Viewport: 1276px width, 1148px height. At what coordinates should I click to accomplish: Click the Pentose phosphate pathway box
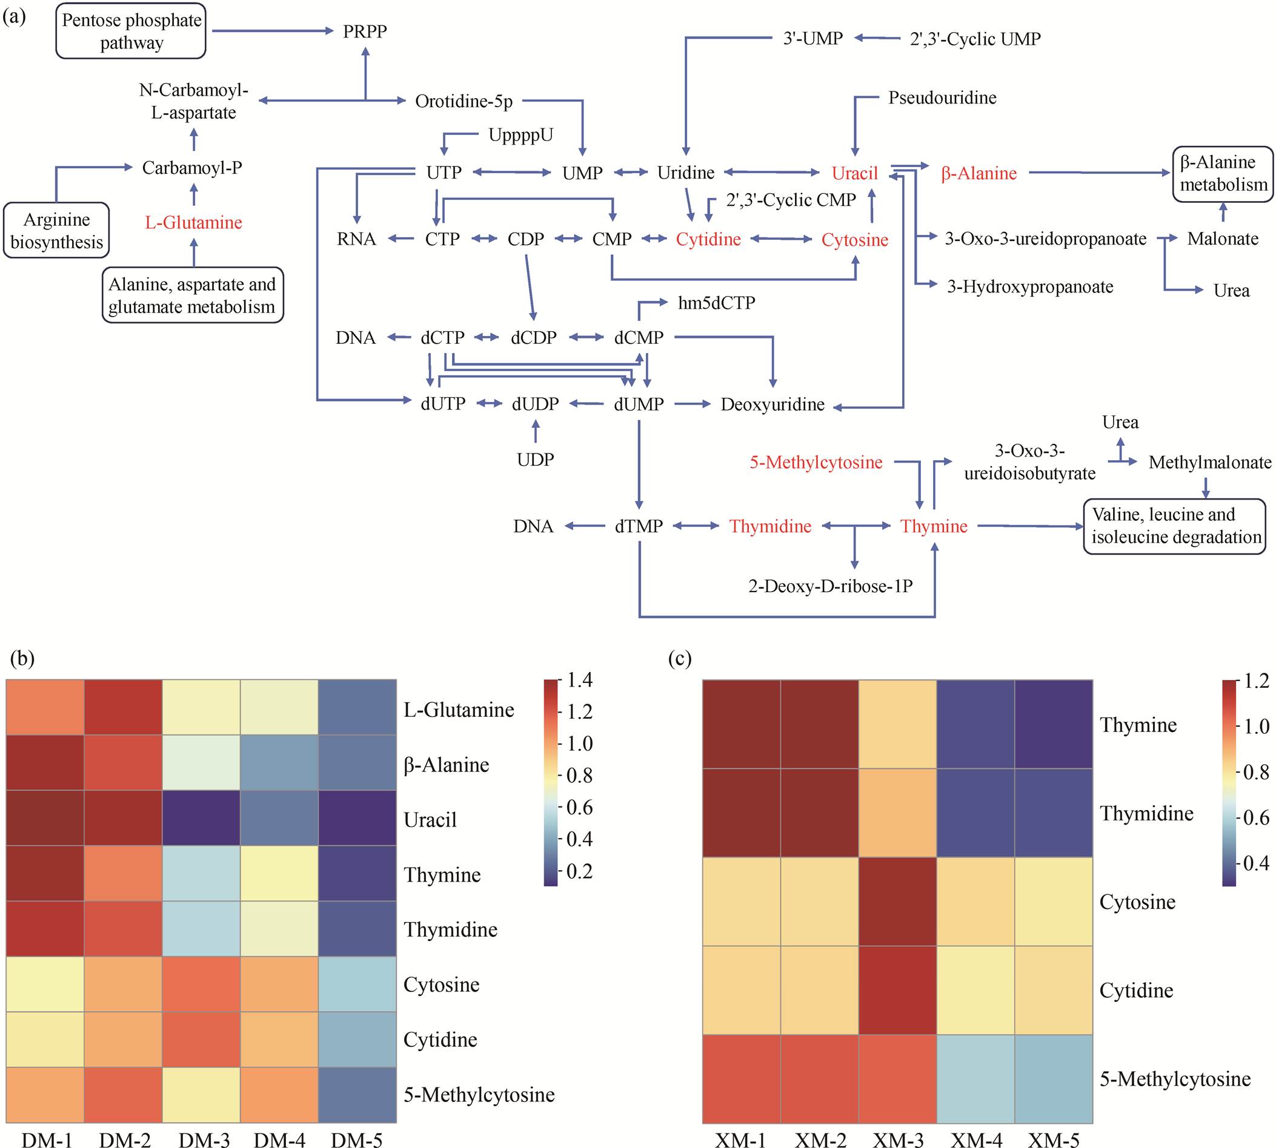(131, 31)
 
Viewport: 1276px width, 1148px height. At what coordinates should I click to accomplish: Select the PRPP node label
(365, 31)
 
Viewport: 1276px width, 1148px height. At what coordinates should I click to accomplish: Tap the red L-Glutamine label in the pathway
(194, 222)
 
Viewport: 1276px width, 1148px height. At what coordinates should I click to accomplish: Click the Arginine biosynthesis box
(57, 230)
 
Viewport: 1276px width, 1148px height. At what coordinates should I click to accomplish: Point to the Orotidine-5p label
(464, 101)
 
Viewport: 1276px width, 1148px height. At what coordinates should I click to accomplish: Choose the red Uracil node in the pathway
(854, 173)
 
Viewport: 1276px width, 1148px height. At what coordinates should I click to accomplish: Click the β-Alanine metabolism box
(1223, 173)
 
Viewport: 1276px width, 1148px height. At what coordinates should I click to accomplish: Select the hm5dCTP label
(716, 303)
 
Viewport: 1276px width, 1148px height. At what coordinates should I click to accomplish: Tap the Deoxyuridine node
(773, 404)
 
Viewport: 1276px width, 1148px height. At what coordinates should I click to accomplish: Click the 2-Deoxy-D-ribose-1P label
(831, 586)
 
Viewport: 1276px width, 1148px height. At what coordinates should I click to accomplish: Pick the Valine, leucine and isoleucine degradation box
(1175, 526)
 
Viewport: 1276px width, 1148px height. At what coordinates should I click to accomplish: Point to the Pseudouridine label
(942, 97)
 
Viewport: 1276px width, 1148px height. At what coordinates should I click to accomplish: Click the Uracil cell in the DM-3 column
(201, 818)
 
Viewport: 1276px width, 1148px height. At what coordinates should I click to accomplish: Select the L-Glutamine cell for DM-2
(123, 708)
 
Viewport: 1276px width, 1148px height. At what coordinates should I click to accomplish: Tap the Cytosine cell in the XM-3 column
(897, 902)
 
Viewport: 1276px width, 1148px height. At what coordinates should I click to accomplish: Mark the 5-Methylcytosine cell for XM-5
(1053, 1078)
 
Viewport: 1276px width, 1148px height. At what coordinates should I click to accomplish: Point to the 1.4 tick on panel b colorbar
(579, 680)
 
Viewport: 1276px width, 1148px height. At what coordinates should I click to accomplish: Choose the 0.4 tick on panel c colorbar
(1256, 863)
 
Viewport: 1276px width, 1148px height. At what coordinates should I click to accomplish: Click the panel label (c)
(680, 659)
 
